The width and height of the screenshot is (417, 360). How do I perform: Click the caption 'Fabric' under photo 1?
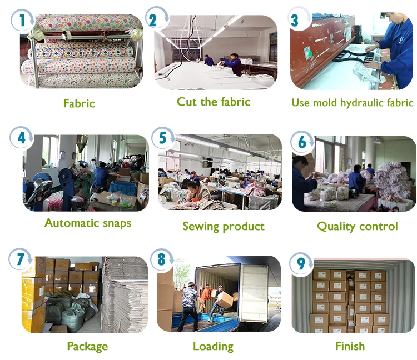coord(79,103)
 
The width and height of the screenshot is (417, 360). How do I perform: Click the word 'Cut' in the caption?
coord(187,102)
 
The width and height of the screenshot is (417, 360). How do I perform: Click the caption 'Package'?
coord(87,347)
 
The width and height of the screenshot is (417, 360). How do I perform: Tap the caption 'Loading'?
coord(213,346)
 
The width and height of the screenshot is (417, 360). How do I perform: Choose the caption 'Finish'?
coord(350,346)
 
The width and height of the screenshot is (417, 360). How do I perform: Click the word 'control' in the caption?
coord(380,226)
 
